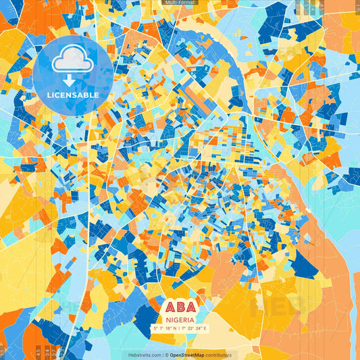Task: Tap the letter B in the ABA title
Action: (180, 307)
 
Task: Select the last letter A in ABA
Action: (193, 307)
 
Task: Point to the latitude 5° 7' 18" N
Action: (166, 329)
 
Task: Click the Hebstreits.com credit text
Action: (143, 355)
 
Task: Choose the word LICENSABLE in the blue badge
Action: (73, 95)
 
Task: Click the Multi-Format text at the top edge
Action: (180, 3)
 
